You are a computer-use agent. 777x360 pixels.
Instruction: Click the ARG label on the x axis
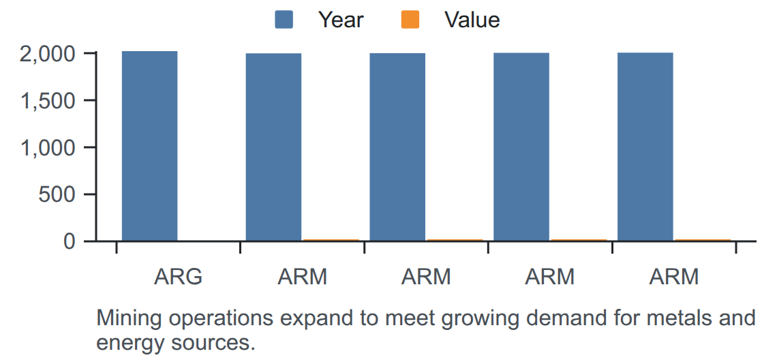pyautogui.click(x=179, y=277)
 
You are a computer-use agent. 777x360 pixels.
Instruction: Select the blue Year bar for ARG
pyautogui.click(x=150, y=147)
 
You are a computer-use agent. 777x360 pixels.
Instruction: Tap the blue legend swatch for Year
pyautogui.click(x=284, y=20)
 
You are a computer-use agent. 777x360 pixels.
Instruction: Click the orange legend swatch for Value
pyautogui.click(x=410, y=20)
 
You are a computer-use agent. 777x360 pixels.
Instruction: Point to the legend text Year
pyautogui.click(x=341, y=20)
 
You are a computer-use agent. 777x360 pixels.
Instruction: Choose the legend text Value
pyautogui.click(x=472, y=20)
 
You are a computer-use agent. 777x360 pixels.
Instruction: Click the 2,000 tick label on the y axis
pyautogui.click(x=48, y=54)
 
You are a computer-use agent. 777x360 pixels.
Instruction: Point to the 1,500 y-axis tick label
pyautogui.click(x=48, y=101)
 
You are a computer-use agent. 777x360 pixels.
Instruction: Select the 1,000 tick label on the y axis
pyautogui.click(x=48, y=148)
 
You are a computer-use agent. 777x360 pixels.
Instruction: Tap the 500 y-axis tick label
pyautogui.click(x=57, y=194)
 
